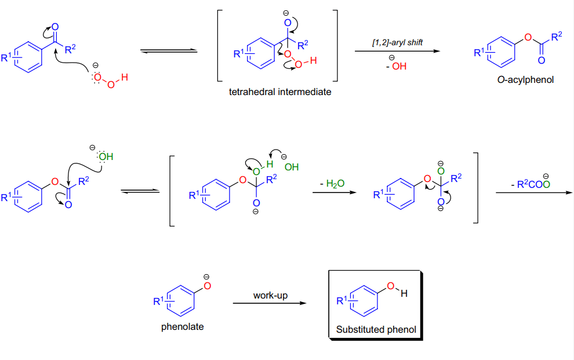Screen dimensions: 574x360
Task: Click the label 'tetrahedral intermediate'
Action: click(x=280, y=92)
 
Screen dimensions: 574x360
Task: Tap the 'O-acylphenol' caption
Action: click(x=525, y=80)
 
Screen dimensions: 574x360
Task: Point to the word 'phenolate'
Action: click(x=182, y=326)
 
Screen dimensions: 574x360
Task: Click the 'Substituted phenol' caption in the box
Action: click(x=376, y=330)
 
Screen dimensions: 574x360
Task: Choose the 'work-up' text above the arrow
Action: click(x=270, y=295)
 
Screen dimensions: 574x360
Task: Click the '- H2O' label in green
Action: click(x=332, y=184)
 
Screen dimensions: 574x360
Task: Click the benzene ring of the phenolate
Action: click(x=181, y=301)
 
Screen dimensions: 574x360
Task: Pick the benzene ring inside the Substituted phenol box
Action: click(x=364, y=301)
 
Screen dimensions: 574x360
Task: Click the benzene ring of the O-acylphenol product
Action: click(x=502, y=52)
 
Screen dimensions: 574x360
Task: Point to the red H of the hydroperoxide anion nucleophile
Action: click(x=125, y=77)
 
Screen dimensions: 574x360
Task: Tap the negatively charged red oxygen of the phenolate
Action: click(x=207, y=285)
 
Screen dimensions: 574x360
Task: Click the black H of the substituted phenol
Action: click(x=404, y=293)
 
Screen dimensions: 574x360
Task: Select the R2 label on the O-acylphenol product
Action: click(x=557, y=37)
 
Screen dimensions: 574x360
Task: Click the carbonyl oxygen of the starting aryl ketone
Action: click(x=55, y=27)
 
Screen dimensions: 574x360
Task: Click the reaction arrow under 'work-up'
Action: click(x=270, y=303)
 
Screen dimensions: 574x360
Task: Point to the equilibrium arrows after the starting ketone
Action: click(x=169, y=51)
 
